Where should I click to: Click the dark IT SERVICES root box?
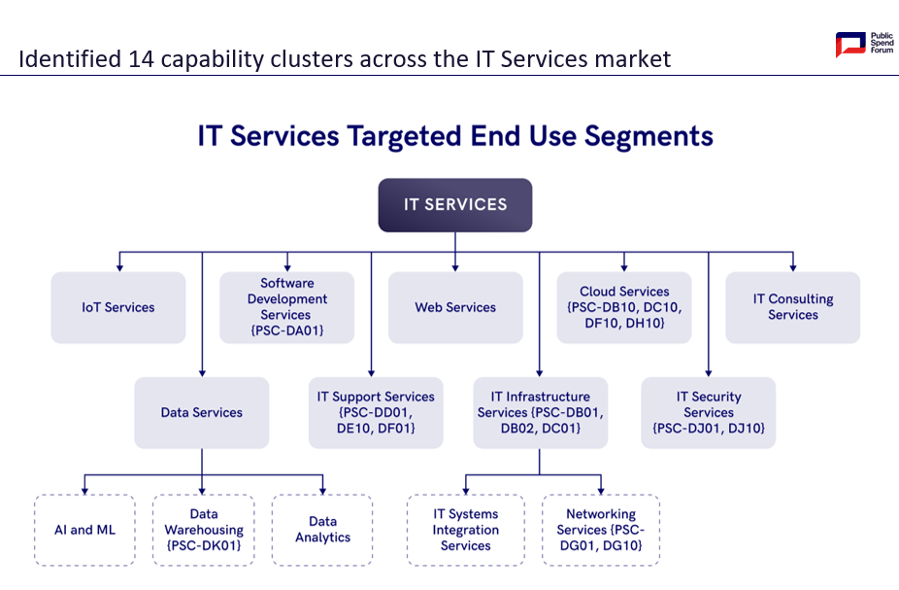[x=455, y=205]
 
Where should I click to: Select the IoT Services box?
[x=118, y=307]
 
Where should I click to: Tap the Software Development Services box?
[x=286, y=307]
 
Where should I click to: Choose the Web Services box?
[x=455, y=307]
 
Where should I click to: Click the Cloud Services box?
[x=624, y=307]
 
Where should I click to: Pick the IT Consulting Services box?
[x=793, y=307]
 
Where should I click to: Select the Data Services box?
[x=202, y=413]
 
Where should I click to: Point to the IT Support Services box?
[x=376, y=413]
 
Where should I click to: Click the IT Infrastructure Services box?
[x=540, y=413]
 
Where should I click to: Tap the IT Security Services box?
[x=709, y=413]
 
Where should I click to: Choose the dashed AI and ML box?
[x=84, y=531]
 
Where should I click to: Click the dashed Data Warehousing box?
[x=204, y=531]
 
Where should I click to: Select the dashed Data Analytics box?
[x=322, y=531]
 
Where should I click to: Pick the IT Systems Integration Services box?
[x=466, y=531]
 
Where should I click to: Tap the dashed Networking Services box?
[x=601, y=531]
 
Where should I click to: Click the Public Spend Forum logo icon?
[x=850, y=44]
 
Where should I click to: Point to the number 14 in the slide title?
[x=141, y=59]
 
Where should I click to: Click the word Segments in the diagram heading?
[x=649, y=137]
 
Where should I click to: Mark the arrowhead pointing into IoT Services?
[x=119, y=267]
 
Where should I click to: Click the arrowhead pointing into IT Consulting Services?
[x=793, y=267]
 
